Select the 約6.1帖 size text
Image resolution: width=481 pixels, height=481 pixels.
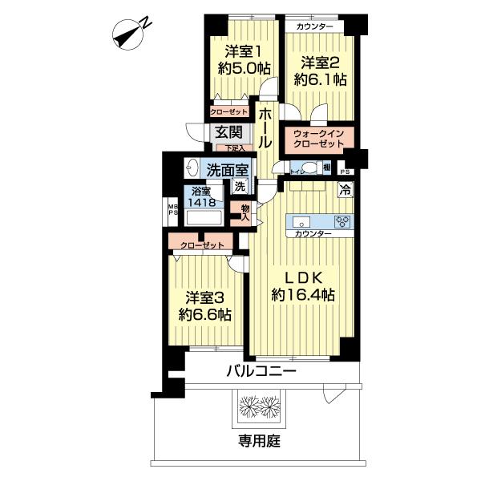pos(320,79)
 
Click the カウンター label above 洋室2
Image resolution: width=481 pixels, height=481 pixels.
pos(315,27)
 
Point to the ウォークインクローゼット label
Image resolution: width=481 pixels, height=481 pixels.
pos(319,137)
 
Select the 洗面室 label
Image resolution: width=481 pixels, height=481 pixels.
pos(226,169)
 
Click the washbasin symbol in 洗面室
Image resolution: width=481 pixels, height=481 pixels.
pos(192,168)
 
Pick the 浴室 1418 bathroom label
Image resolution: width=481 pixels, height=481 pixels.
pos(201,196)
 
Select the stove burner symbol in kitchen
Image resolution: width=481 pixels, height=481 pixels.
pos(342,221)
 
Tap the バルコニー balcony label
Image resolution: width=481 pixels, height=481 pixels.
pos(261,371)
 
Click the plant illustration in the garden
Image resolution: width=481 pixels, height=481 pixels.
pos(259,405)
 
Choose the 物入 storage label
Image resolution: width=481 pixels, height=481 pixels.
pos(245,212)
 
